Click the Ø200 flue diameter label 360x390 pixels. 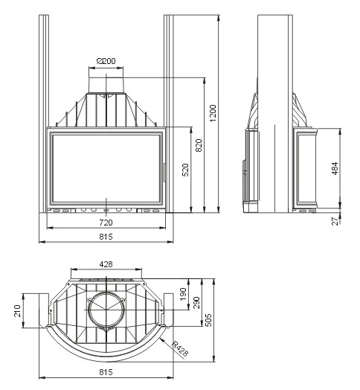[106, 61]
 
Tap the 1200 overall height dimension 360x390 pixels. [213, 113]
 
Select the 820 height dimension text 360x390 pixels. [199, 145]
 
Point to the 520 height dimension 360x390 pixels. [185, 170]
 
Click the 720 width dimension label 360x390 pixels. [106, 223]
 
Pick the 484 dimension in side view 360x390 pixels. [335, 168]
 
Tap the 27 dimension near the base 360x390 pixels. [335, 221]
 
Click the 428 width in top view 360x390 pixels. [106, 264]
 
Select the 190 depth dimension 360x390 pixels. [183, 294]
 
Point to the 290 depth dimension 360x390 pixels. [196, 302]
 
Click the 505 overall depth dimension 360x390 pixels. [208, 320]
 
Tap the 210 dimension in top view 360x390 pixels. [17, 311]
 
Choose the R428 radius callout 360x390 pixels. [180, 348]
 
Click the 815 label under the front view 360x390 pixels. [106, 237]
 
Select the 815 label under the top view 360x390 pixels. [106, 372]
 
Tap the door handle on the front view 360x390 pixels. [164, 173]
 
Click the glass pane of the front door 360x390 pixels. [106, 169]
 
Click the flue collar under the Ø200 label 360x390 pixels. [106, 86]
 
